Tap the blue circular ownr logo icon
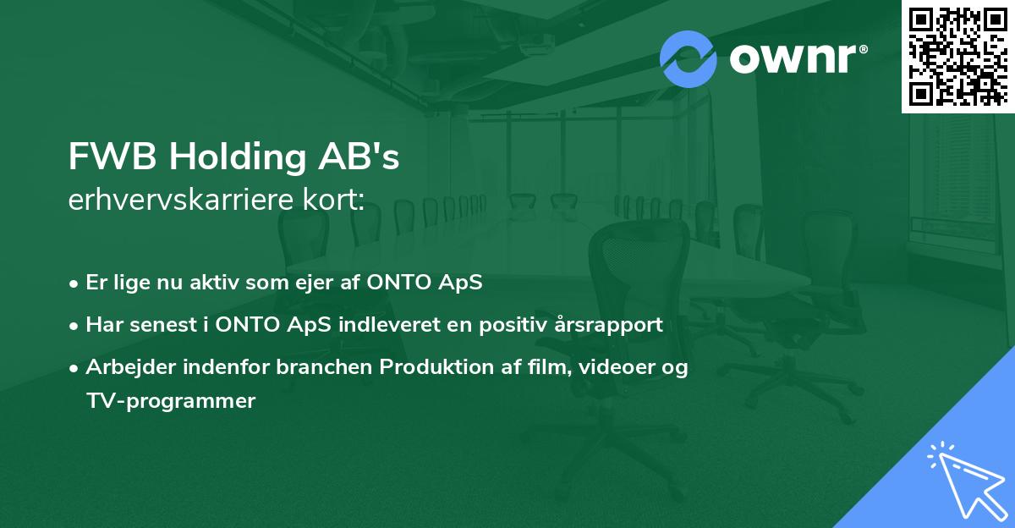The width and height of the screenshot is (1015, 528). pos(689,58)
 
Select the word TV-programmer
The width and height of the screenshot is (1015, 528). pos(170,401)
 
